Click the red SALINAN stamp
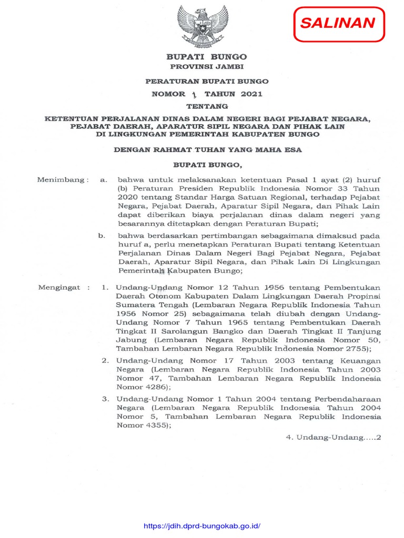tap(338, 24)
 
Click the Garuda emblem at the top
tap(203, 25)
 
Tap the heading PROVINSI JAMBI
tap(207, 67)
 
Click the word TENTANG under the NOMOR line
tap(206, 107)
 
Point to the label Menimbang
tap(60, 180)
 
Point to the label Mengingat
tap(59, 288)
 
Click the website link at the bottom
tap(202, 526)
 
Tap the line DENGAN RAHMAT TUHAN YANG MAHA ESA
tap(208, 150)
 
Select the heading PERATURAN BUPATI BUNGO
tap(207, 81)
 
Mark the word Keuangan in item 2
tap(361, 360)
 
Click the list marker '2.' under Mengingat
tap(105, 360)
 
